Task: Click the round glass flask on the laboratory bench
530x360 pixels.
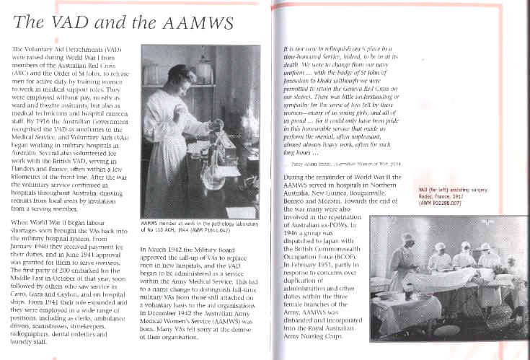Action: click(x=214, y=177)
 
